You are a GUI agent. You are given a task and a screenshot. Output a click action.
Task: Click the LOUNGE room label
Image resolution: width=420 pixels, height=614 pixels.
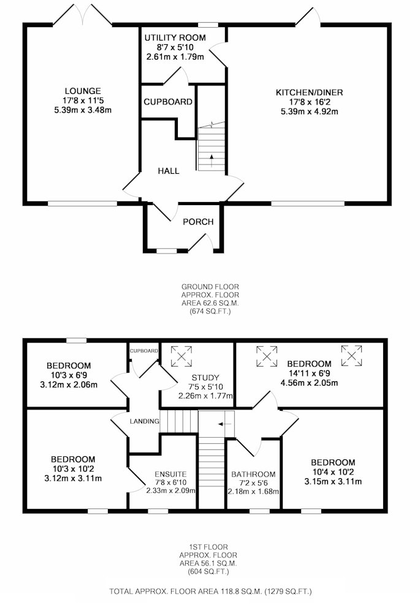click(x=83, y=91)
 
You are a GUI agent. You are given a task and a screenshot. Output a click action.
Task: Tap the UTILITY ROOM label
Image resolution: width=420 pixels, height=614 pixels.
click(x=175, y=37)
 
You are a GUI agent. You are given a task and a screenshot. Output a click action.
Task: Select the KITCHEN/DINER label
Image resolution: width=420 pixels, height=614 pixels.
click(x=310, y=93)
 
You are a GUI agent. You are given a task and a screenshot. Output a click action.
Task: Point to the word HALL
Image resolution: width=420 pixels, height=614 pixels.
click(x=169, y=171)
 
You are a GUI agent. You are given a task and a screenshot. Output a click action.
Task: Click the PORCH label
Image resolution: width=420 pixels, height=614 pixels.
click(x=198, y=222)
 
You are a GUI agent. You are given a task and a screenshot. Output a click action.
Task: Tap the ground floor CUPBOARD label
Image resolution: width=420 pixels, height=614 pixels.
click(x=168, y=102)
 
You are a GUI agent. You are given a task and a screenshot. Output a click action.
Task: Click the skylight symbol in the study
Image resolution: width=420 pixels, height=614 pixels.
click(x=181, y=356)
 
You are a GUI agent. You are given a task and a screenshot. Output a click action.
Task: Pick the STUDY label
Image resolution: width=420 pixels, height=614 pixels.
click(x=205, y=378)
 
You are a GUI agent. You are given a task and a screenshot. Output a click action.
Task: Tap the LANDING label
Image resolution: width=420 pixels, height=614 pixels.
click(x=144, y=421)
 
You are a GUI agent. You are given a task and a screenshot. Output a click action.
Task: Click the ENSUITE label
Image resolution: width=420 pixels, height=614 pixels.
click(x=170, y=474)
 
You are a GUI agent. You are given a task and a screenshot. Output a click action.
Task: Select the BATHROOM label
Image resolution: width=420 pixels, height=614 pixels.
click(x=253, y=474)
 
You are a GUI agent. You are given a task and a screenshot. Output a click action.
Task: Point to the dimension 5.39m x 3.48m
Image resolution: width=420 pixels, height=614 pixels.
click(x=83, y=110)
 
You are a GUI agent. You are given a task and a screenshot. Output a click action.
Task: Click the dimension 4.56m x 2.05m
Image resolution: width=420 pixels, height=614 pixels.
click(x=310, y=383)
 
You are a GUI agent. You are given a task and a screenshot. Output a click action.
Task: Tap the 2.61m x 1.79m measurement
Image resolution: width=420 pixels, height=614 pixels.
click(x=175, y=56)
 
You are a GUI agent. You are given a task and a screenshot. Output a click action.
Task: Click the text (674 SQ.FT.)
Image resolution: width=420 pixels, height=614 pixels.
click(x=210, y=312)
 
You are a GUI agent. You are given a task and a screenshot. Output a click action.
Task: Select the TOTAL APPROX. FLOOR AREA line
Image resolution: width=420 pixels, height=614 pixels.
click(x=210, y=591)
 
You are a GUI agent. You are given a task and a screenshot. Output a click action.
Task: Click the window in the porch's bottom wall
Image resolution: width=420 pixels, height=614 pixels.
click(x=167, y=251)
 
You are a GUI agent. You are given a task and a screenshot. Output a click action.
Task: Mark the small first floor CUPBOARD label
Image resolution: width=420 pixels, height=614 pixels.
click(x=144, y=351)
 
